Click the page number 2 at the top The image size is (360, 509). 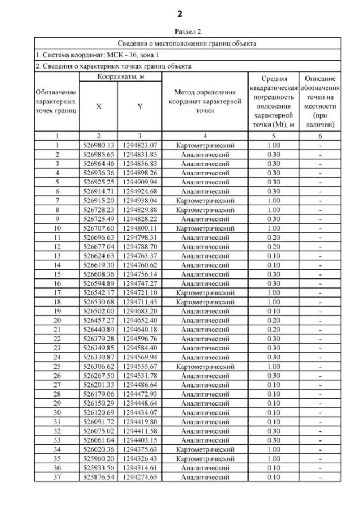[179, 13]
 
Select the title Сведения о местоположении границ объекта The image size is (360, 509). [187, 43]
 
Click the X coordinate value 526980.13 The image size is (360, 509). [98, 145]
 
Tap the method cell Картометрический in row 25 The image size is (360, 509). [204, 367]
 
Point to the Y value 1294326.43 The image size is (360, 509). [139, 459]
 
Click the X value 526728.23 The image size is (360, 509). [98, 210]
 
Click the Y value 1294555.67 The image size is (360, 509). [139, 367]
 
